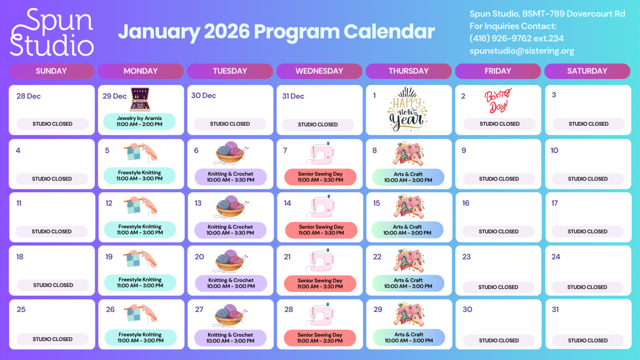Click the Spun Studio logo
tap(52, 32)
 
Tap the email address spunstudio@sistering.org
tap(522, 51)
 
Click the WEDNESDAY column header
tap(319, 71)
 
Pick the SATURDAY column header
tap(587, 71)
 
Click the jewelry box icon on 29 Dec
tap(140, 99)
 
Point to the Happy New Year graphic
tap(407, 109)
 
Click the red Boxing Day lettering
tap(498, 101)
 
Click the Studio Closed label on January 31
tap(587, 340)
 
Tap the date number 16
tap(465, 203)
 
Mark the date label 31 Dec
tap(293, 96)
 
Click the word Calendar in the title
tap(389, 32)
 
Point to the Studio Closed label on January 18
tap(53, 285)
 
